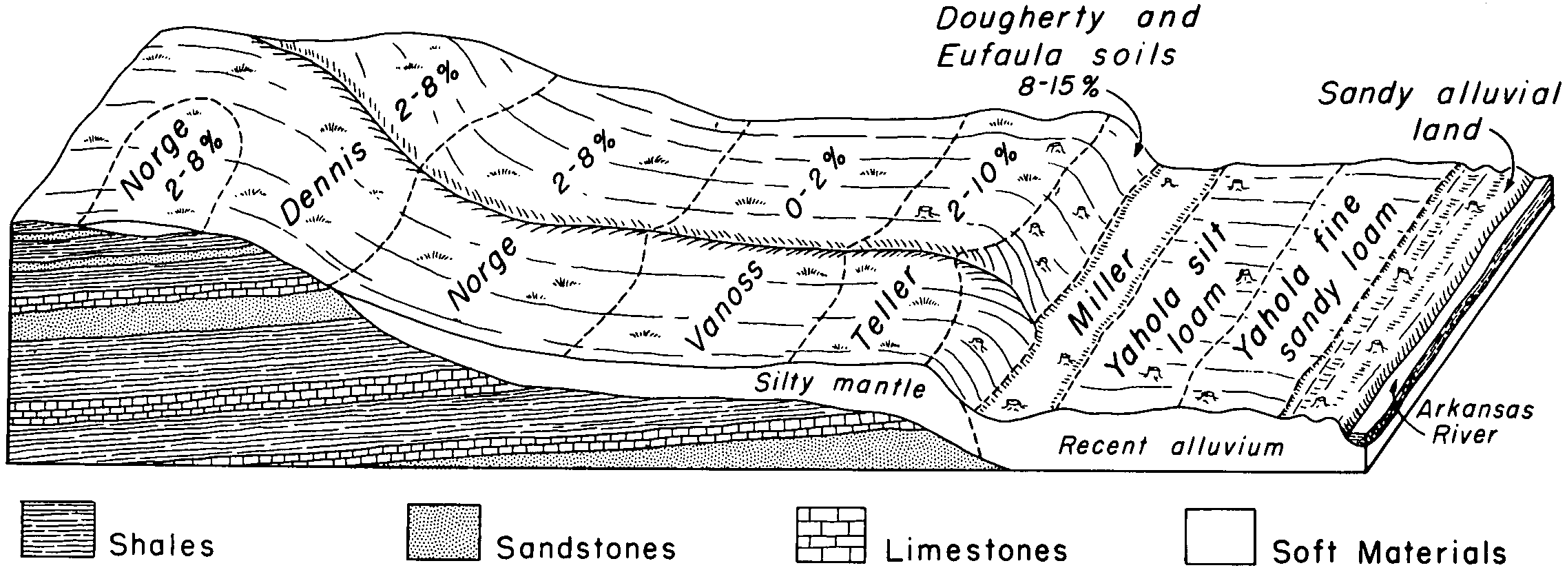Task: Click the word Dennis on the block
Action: [x=324, y=186]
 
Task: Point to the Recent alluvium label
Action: [x=1171, y=446]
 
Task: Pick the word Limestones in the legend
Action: [x=977, y=549]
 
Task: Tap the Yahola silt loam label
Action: [x=1171, y=303]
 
